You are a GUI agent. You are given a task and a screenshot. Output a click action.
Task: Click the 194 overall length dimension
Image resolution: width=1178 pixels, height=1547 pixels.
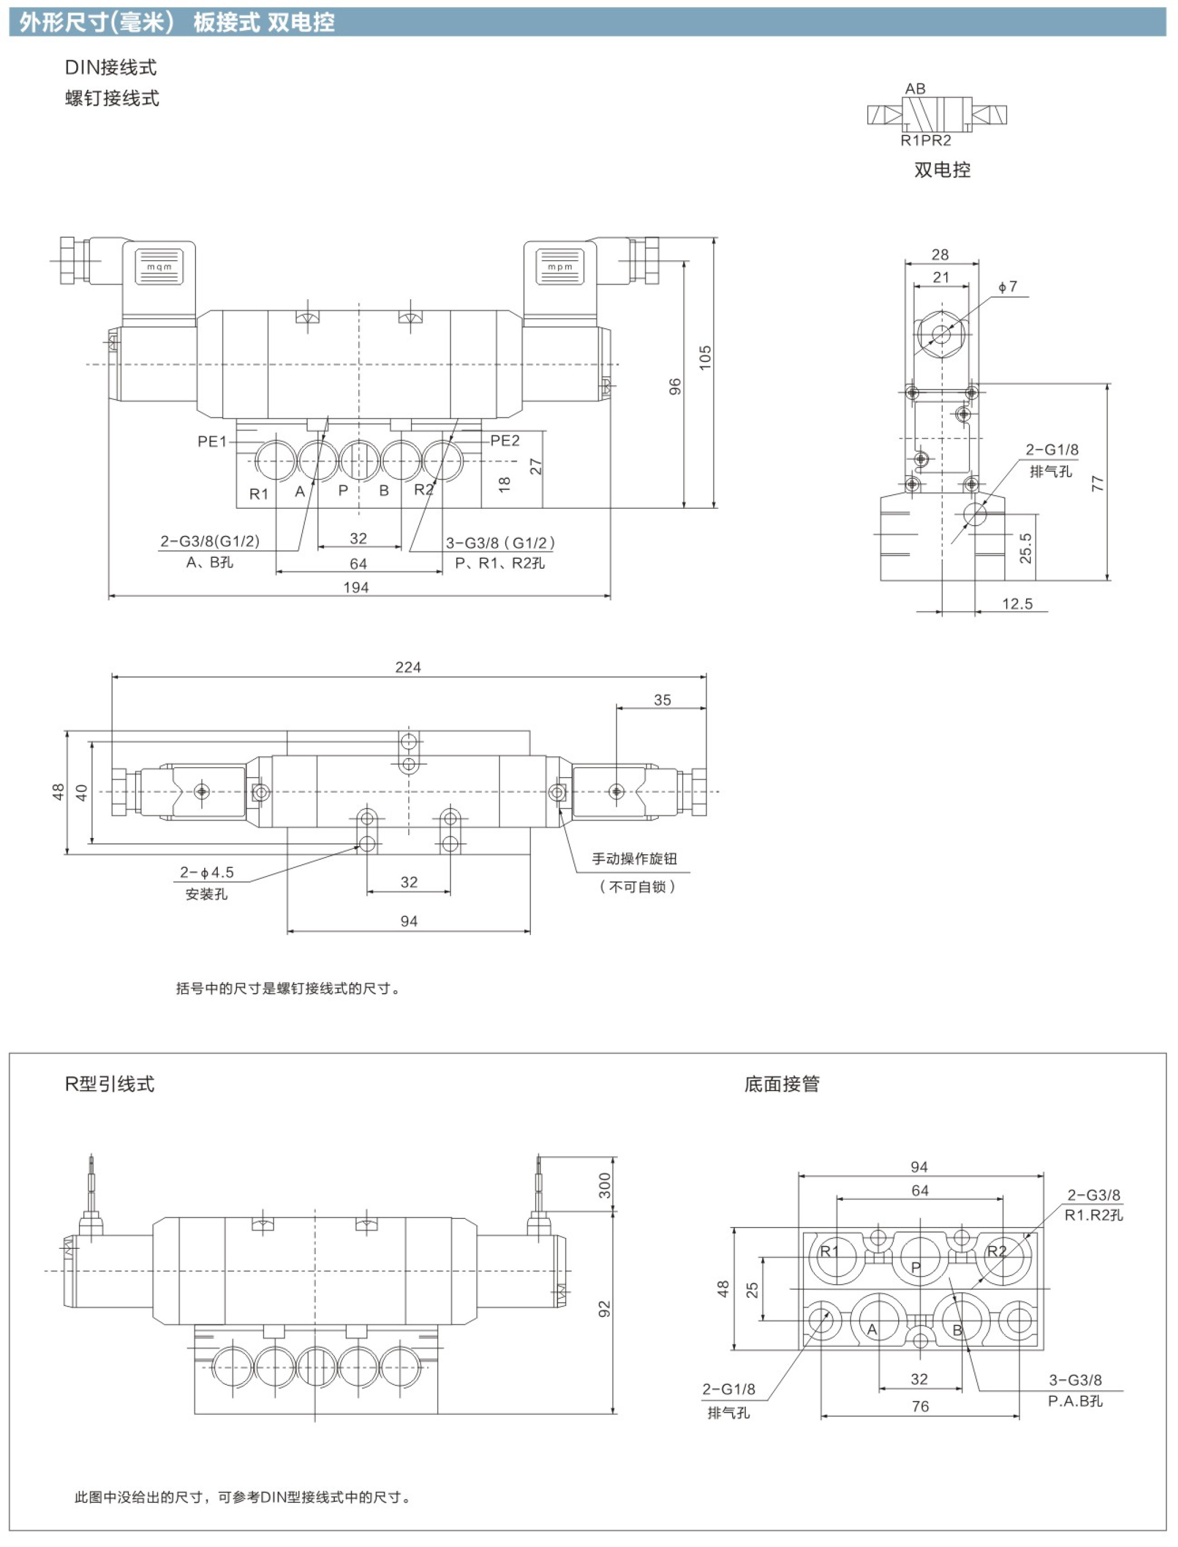[x=356, y=587]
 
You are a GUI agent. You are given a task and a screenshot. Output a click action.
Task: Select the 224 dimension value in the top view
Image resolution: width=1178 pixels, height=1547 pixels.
[x=408, y=667]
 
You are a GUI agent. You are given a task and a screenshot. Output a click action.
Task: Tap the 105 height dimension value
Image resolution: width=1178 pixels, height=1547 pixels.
[x=705, y=358]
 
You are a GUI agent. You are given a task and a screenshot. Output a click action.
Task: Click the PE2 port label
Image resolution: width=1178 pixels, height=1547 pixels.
[x=505, y=441]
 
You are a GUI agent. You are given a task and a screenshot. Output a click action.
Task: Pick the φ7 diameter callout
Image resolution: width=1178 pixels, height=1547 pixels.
[x=1008, y=287]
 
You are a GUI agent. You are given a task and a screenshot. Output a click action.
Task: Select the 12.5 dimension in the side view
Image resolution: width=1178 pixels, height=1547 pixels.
[x=1017, y=604]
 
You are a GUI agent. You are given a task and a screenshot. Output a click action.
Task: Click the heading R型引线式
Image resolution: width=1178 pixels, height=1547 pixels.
[x=109, y=1084]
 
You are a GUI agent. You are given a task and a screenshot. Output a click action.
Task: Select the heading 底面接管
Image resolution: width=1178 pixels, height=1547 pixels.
[x=782, y=1084]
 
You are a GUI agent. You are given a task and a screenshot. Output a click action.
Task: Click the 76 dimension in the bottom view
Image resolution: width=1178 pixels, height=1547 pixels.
[x=920, y=1407]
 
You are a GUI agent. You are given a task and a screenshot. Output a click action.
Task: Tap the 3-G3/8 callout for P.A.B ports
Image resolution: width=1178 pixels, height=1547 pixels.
[x=1075, y=1380]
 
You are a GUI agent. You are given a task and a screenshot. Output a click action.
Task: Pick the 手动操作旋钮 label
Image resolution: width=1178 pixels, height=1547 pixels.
[x=635, y=859]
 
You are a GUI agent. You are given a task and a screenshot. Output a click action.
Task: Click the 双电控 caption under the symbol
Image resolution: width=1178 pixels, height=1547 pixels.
[x=942, y=170]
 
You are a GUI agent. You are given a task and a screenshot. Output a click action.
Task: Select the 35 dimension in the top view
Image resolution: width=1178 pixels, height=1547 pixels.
[x=662, y=700]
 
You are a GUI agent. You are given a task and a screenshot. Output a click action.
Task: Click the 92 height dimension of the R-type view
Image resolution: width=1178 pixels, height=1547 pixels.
[x=604, y=1309]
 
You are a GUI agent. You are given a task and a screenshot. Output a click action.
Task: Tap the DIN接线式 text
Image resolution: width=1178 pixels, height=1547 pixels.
[x=111, y=67]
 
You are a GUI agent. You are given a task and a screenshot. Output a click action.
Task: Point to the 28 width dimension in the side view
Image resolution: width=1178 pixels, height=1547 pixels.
[x=940, y=255]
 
